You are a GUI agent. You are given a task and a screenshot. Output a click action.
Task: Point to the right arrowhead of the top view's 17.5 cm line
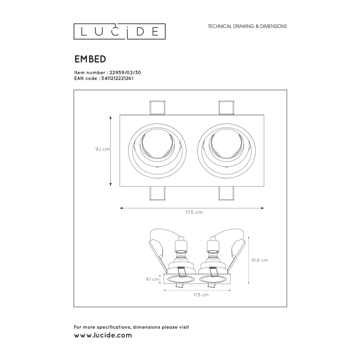[x=264, y=208]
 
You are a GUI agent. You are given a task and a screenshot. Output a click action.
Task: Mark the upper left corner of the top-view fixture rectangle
[x=120, y=115]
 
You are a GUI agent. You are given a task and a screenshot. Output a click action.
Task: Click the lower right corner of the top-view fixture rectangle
[x=264, y=186]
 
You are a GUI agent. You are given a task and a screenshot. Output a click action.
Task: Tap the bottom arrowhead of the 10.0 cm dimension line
[x=249, y=283]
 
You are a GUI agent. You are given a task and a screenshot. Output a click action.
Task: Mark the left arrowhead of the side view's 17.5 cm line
[x=165, y=290]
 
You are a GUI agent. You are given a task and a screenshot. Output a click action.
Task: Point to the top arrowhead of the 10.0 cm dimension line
[x=249, y=237]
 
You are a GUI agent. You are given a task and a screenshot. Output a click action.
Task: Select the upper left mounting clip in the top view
[x=157, y=108]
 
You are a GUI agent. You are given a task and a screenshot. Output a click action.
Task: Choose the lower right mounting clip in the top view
[x=226, y=193]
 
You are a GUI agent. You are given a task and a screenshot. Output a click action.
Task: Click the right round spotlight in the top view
[x=226, y=151]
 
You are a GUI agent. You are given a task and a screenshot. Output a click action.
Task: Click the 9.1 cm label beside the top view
[x=103, y=149]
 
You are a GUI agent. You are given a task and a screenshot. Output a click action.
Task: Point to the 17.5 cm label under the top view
[x=194, y=212]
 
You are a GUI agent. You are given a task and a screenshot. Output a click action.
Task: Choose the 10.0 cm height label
[x=260, y=260]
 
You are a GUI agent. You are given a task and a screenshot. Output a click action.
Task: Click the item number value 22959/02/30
[x=125, y=72]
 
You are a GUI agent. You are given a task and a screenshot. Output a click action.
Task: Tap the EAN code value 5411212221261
[x=117, y=78]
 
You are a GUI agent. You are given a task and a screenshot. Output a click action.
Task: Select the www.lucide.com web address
[x=103, y=335]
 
